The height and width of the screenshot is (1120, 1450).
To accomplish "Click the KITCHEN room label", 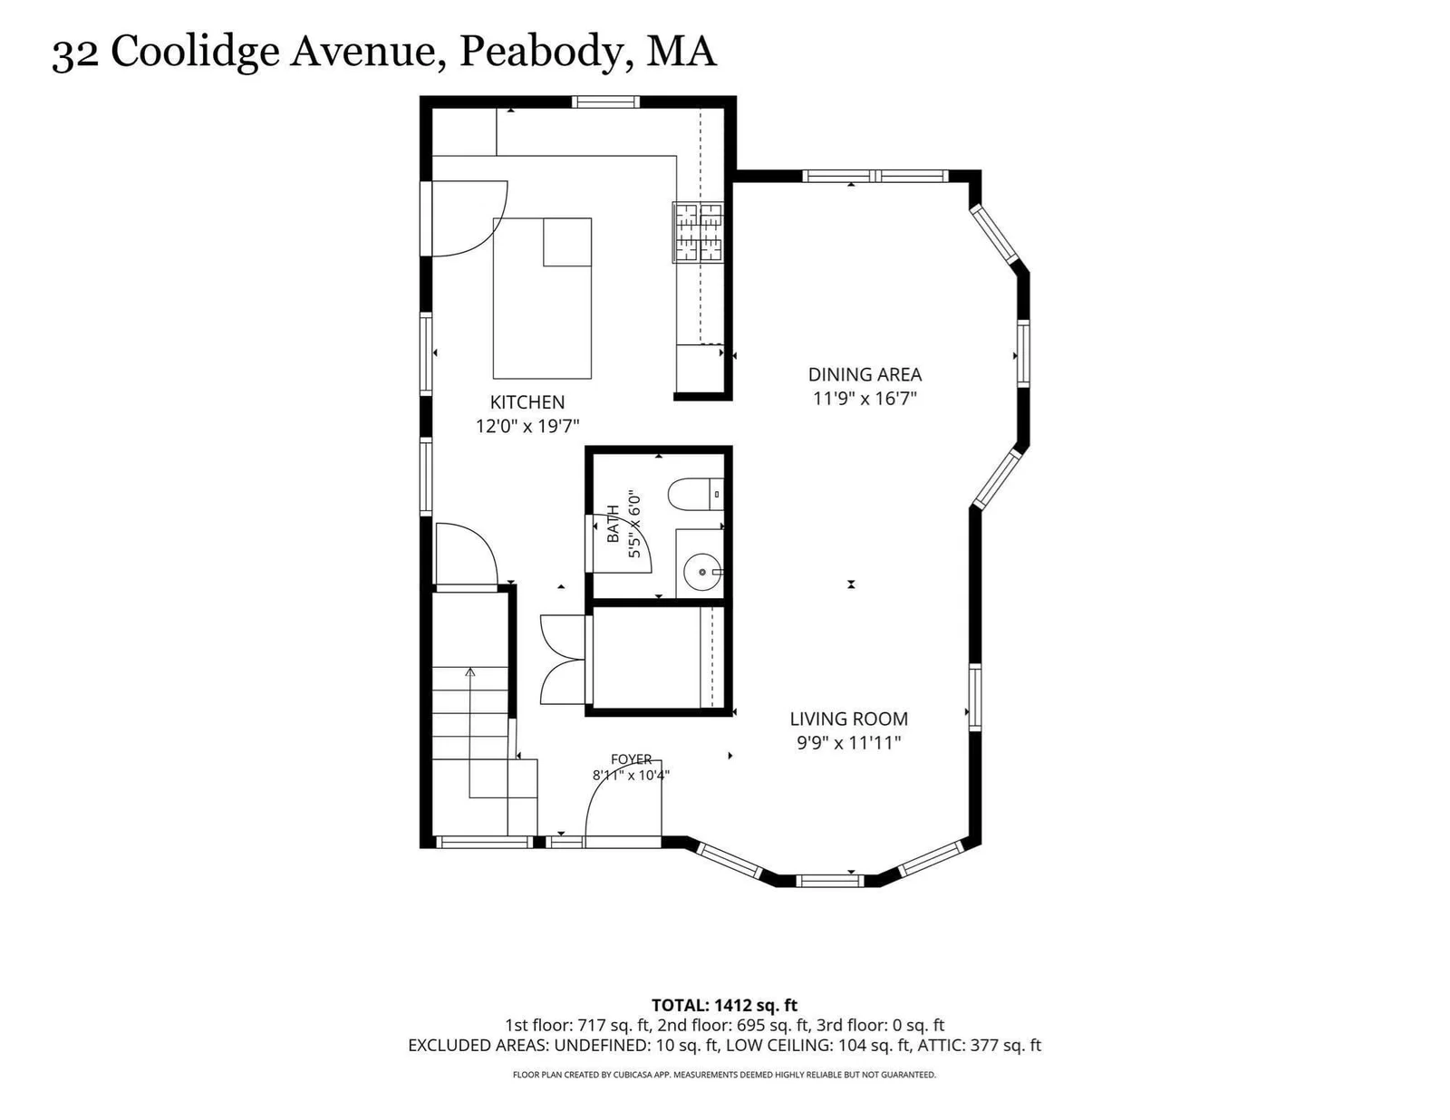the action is click(x=527, y=402).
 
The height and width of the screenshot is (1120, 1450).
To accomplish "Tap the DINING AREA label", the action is click(x=865, y=374).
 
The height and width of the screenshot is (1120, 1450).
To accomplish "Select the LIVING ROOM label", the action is click(x=849, y=719).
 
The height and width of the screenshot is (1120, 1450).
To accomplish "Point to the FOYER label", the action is click(x=632, y=759).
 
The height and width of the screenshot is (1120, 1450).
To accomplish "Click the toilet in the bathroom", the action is click(x=695, y=494).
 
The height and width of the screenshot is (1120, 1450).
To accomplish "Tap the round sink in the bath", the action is click(x=702, y=573).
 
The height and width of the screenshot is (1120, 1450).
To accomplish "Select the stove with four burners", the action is click(x=698, y=231).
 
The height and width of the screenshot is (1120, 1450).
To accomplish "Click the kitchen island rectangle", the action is click(x=542, y=298).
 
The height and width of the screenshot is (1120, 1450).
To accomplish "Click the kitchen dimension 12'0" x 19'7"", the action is click(x=527, y=426).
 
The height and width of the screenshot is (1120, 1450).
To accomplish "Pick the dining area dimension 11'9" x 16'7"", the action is click(x=865, y=398).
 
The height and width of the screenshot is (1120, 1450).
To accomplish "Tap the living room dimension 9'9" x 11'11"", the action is click(x=849, y=742).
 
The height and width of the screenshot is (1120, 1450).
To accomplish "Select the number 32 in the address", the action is click(x=75, y=54).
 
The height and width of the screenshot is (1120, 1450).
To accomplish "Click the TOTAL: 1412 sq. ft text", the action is click(x=724, y=1005).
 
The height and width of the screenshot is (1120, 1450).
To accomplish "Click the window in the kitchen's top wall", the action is click(x=605, y=102).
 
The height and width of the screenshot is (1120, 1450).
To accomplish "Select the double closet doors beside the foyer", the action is click(x=563, y=660).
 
